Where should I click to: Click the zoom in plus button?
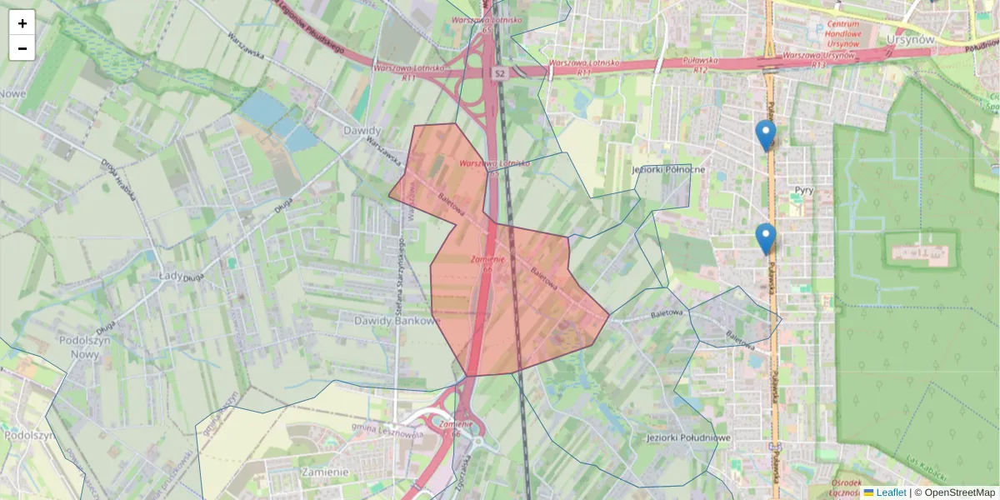(x=22, y=22)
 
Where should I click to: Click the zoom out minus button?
(x=22, y=48)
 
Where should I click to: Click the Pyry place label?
(x=803, y=190)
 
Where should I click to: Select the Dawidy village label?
(x=362, y=131)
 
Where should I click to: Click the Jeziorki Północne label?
(x=669, y=170)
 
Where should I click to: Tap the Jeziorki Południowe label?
(x=688, y=437)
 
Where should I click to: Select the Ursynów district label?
(x=910, y=39)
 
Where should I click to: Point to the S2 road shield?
(x=499, y=74)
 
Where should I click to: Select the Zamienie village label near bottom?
(x=322, y=472)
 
